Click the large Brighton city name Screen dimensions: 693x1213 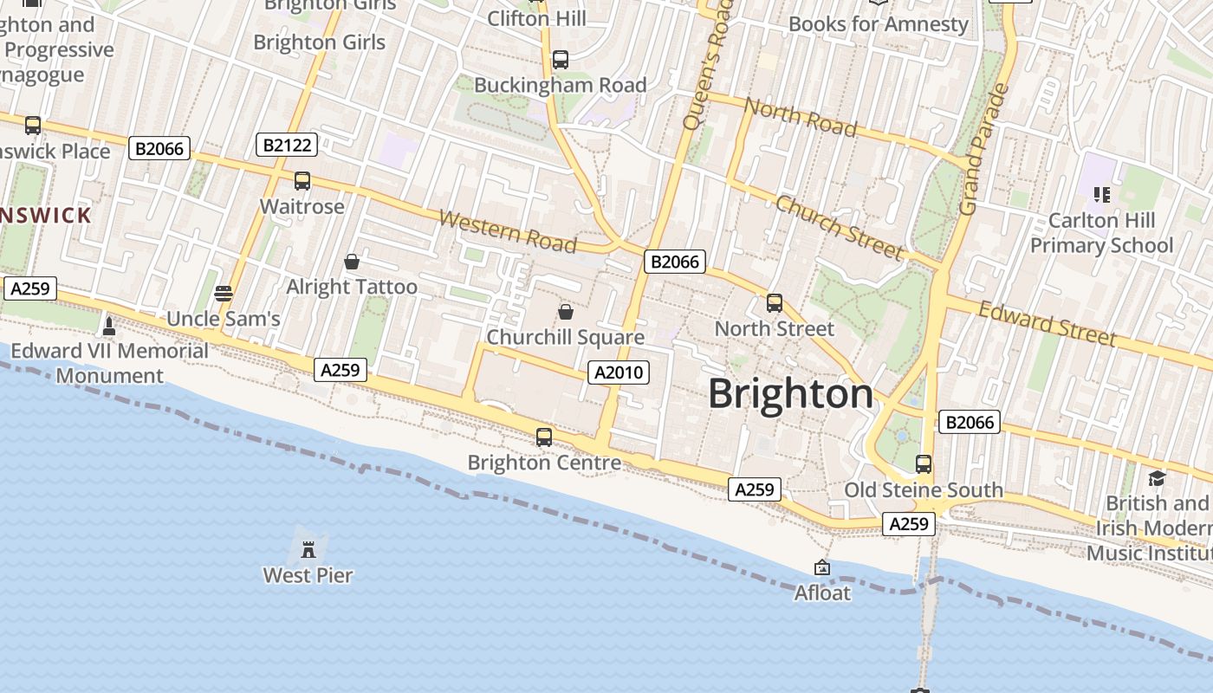pos(791,394)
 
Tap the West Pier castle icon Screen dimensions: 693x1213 pos(308,548)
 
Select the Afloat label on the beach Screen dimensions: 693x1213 pos(822,593)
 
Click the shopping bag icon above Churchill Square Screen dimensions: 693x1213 pos(566,312)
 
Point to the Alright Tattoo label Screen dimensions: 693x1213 pos(352,287)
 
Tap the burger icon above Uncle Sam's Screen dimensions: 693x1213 pos(224,294)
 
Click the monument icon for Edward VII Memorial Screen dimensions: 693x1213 pos(109,327)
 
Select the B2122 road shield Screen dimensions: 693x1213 pos(287,145)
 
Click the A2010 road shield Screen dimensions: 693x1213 pos(619,372)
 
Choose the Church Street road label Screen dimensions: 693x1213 pos(839,227)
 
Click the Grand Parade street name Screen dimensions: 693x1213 pos(985,150)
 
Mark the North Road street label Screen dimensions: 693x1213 pos(801,118)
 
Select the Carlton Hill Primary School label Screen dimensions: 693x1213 pos(1101,233)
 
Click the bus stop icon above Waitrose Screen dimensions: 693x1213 pos(302,181)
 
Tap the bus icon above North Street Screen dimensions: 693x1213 pos(775,303)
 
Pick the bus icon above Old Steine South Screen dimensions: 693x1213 pos(924,464)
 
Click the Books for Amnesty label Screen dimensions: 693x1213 pos(879,23)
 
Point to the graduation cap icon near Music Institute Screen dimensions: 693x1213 pos(1156,478)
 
